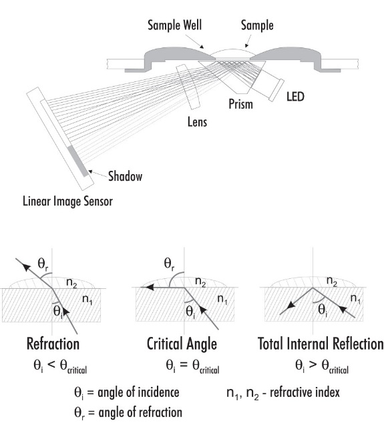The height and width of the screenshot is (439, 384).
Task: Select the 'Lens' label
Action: click(197, 122)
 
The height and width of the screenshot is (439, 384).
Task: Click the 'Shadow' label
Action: click(125, 177)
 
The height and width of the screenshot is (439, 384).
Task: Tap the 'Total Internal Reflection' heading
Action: click(321, 344)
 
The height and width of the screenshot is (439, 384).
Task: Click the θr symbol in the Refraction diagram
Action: click(43, 266)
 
